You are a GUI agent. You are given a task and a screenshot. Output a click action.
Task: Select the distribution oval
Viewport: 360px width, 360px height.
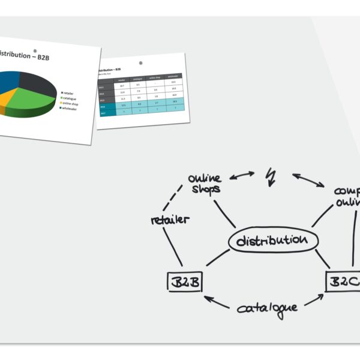tap(272, 241)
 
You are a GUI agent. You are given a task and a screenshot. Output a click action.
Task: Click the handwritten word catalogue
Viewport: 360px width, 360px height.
tap(267, 308)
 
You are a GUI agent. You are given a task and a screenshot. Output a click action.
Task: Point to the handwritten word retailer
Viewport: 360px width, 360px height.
tap(170, 219)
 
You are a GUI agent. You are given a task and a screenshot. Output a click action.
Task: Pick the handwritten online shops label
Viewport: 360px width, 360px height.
tap(205, 183)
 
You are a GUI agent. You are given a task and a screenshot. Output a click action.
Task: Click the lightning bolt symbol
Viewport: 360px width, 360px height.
tap(271, 176)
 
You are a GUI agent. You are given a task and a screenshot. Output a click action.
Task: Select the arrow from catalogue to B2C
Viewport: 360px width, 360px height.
tap(315, 300)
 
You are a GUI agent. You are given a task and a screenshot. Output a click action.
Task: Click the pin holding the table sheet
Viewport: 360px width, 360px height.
tap(141, 62)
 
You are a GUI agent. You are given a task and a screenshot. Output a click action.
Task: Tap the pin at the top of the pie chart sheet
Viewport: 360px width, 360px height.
tap(35, 50)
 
